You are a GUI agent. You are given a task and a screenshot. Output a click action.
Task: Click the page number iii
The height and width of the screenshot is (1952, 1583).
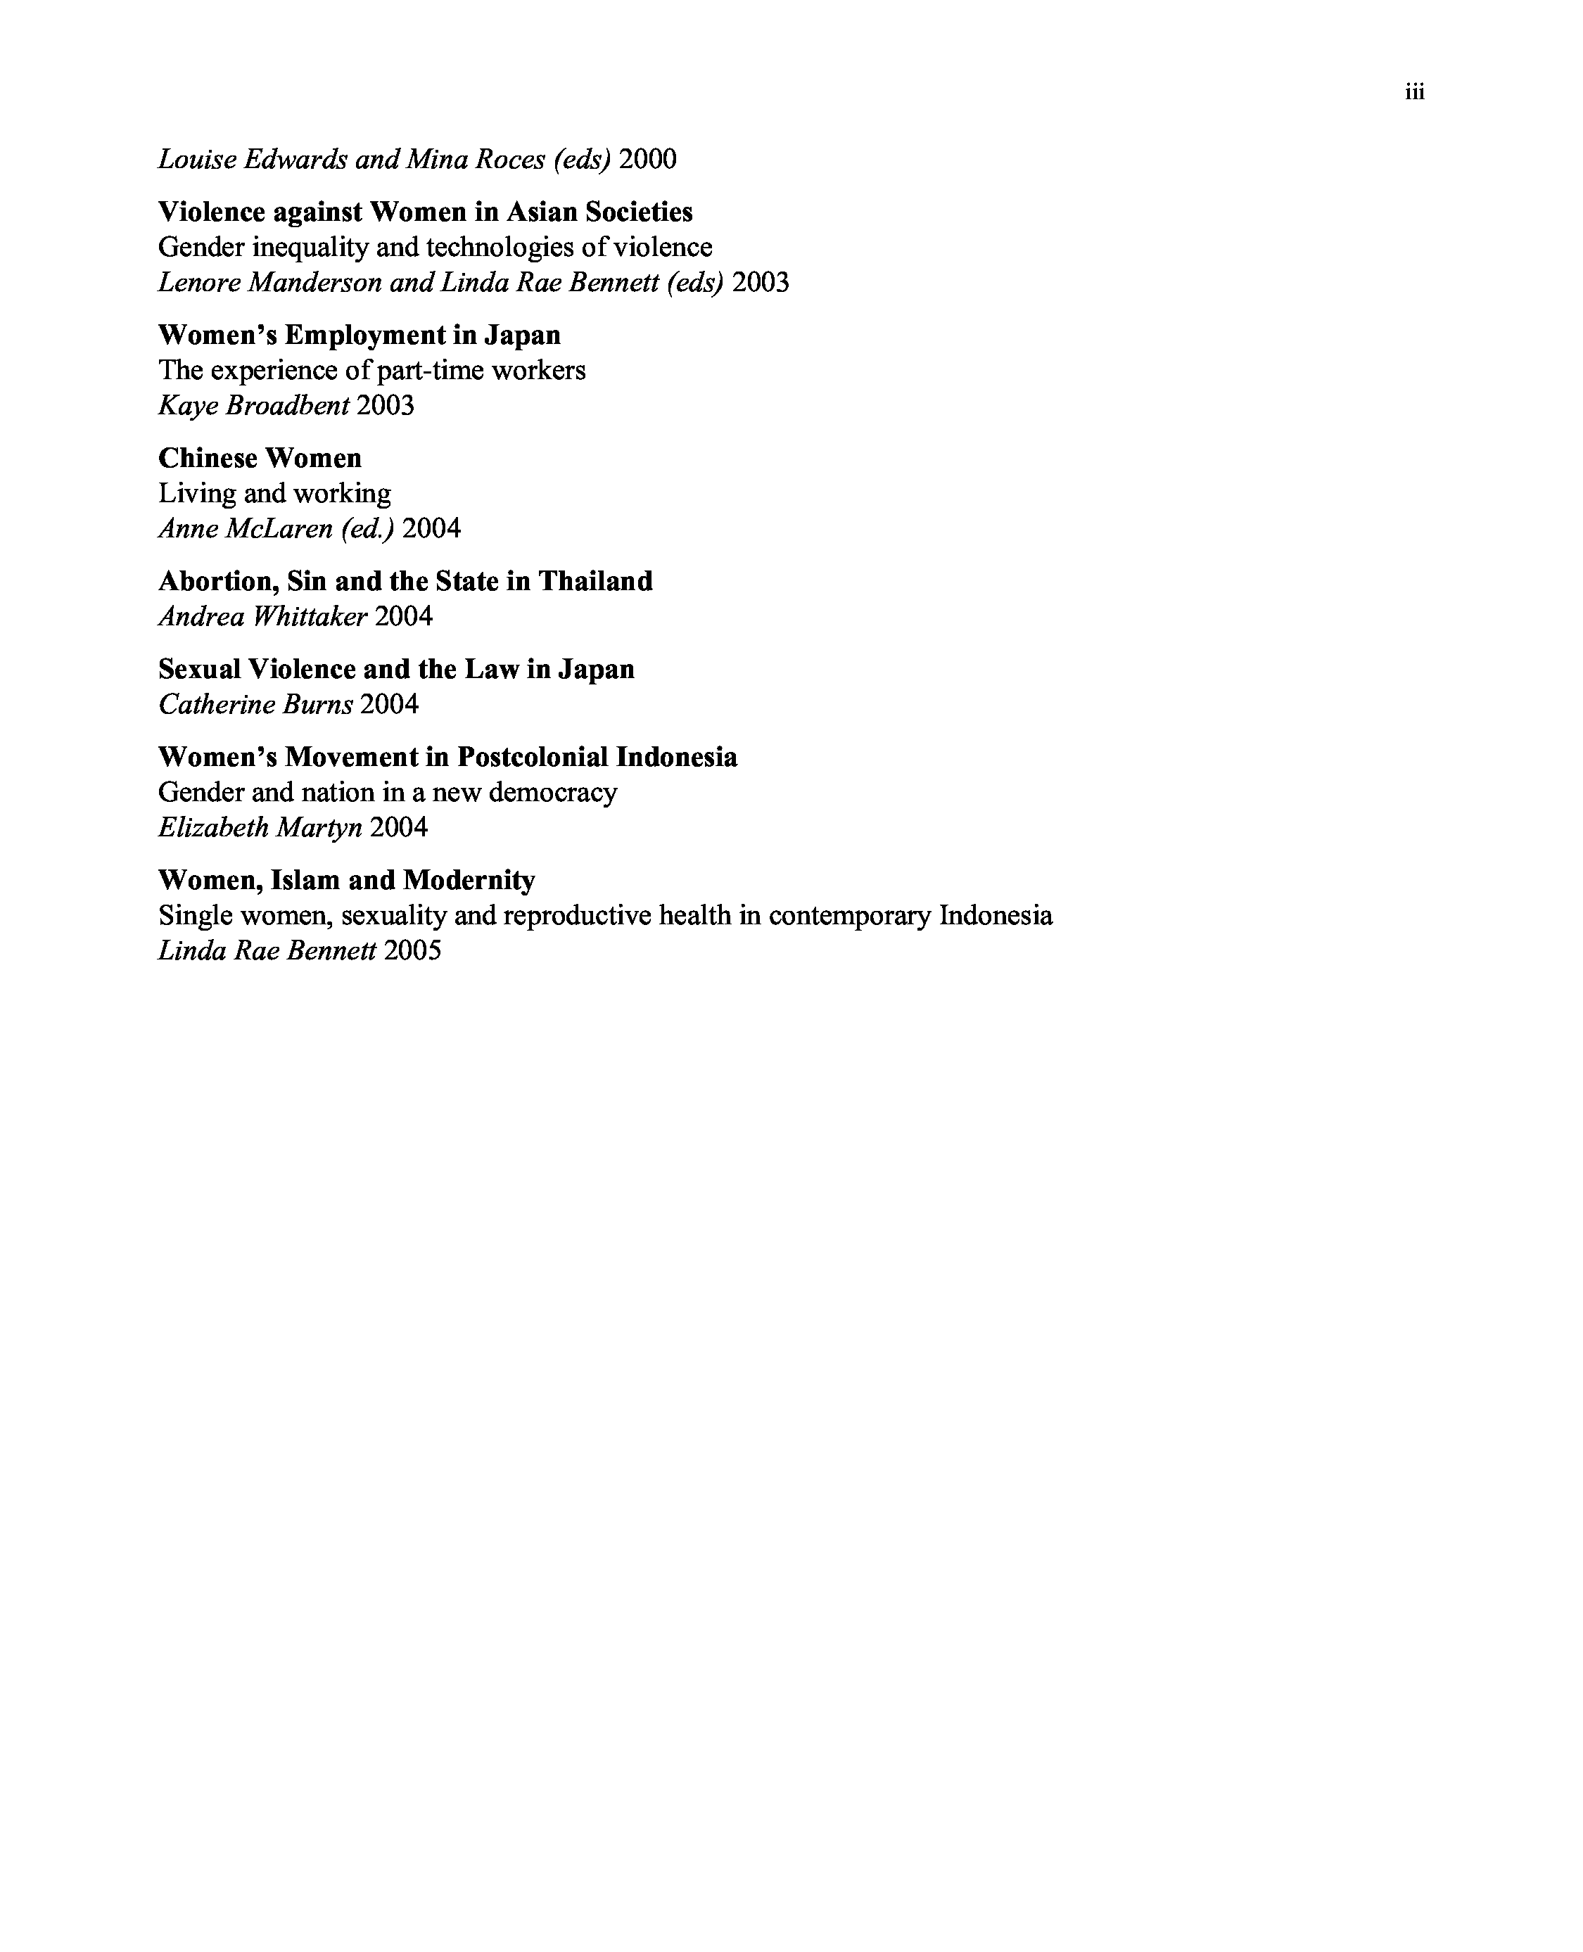click(1414, 92)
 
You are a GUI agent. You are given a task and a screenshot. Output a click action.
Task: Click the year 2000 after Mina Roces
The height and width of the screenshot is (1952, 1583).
click(647, 160)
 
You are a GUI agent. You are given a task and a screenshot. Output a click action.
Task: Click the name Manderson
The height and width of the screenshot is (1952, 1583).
click(314, 283)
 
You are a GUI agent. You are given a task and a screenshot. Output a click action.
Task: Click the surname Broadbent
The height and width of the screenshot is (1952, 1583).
click(286, 406)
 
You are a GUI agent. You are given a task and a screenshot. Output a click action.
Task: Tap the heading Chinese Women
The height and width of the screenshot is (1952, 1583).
click(260, 458)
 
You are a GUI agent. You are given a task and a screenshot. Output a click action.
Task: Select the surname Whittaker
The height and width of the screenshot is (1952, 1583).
click(310, 617)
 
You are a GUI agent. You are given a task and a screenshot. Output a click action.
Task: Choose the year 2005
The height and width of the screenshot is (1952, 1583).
click(412, 951)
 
